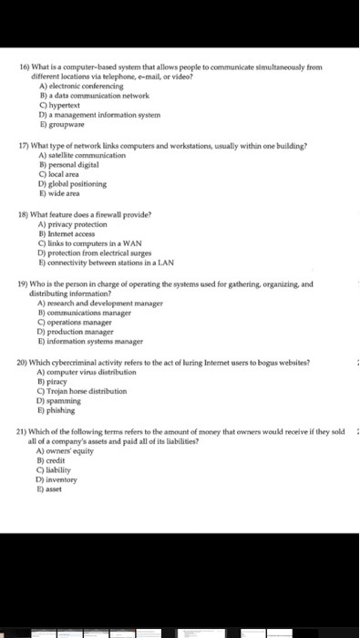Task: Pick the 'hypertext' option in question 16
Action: (60, 103)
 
